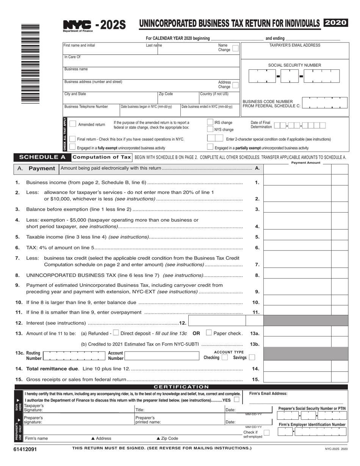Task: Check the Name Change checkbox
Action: (235, 48)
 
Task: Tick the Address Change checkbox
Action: (235, 85)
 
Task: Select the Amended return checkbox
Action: (73, 124)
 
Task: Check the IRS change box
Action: (210, 122)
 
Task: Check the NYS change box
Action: (210, 129)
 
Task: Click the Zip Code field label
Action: (166, 94)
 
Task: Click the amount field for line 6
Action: (297, 247)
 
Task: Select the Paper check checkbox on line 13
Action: (209, 333)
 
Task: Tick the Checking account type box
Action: (224, 357)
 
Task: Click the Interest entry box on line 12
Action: (217, 322)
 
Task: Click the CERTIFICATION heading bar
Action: (181, 387)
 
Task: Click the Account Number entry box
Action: (162, 356)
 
